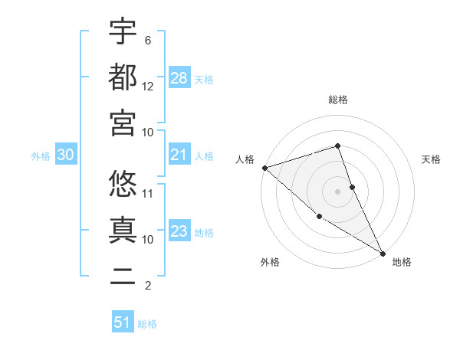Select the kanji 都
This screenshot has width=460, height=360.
(x=123, y=77)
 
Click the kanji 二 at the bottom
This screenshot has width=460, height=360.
(x=123, y=276)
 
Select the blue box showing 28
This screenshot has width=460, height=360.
(x=179, y=77)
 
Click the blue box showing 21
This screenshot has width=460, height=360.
(x=179, y=155)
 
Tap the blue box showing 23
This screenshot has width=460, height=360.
(x=179, y=231)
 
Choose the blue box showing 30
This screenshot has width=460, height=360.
(x=66, y=155)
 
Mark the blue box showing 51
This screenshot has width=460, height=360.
(x=123, y=322)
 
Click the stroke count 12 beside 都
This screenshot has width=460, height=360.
(x=148, y=86)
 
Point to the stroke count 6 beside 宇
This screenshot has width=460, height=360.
(x=148, y=40)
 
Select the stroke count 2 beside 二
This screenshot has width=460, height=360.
(x=148, y=286)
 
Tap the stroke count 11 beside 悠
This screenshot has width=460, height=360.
(x=148, y=193)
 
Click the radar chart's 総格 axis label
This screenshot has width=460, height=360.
(x=338, y=100)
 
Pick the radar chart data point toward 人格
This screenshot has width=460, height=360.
(x=264, y=167)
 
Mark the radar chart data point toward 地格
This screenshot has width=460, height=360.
(x=383, y=253)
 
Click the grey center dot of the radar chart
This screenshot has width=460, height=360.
(x=338, y=191)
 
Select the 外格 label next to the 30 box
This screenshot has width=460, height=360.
(x=41, y=156)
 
